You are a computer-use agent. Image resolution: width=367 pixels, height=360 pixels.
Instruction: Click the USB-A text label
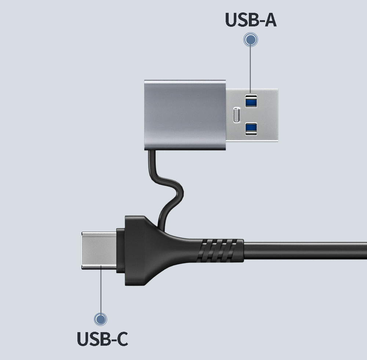[251, 20]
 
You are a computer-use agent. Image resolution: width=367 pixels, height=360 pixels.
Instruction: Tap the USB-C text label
[102, 339]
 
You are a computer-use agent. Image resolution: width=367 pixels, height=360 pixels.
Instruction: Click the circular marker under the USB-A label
[251, 40]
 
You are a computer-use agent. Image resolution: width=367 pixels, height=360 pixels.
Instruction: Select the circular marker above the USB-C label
[100, 319]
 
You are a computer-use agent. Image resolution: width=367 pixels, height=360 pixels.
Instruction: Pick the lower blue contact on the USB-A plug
[251, 128]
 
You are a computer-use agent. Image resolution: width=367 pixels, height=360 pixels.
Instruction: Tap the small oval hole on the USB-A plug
[237, 115]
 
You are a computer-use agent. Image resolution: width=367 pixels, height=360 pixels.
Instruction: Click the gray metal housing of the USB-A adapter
[183, 114]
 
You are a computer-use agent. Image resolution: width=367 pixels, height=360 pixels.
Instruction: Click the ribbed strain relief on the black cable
[220, 251]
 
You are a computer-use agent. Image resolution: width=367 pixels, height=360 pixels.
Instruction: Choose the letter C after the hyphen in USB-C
[120, 339]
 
